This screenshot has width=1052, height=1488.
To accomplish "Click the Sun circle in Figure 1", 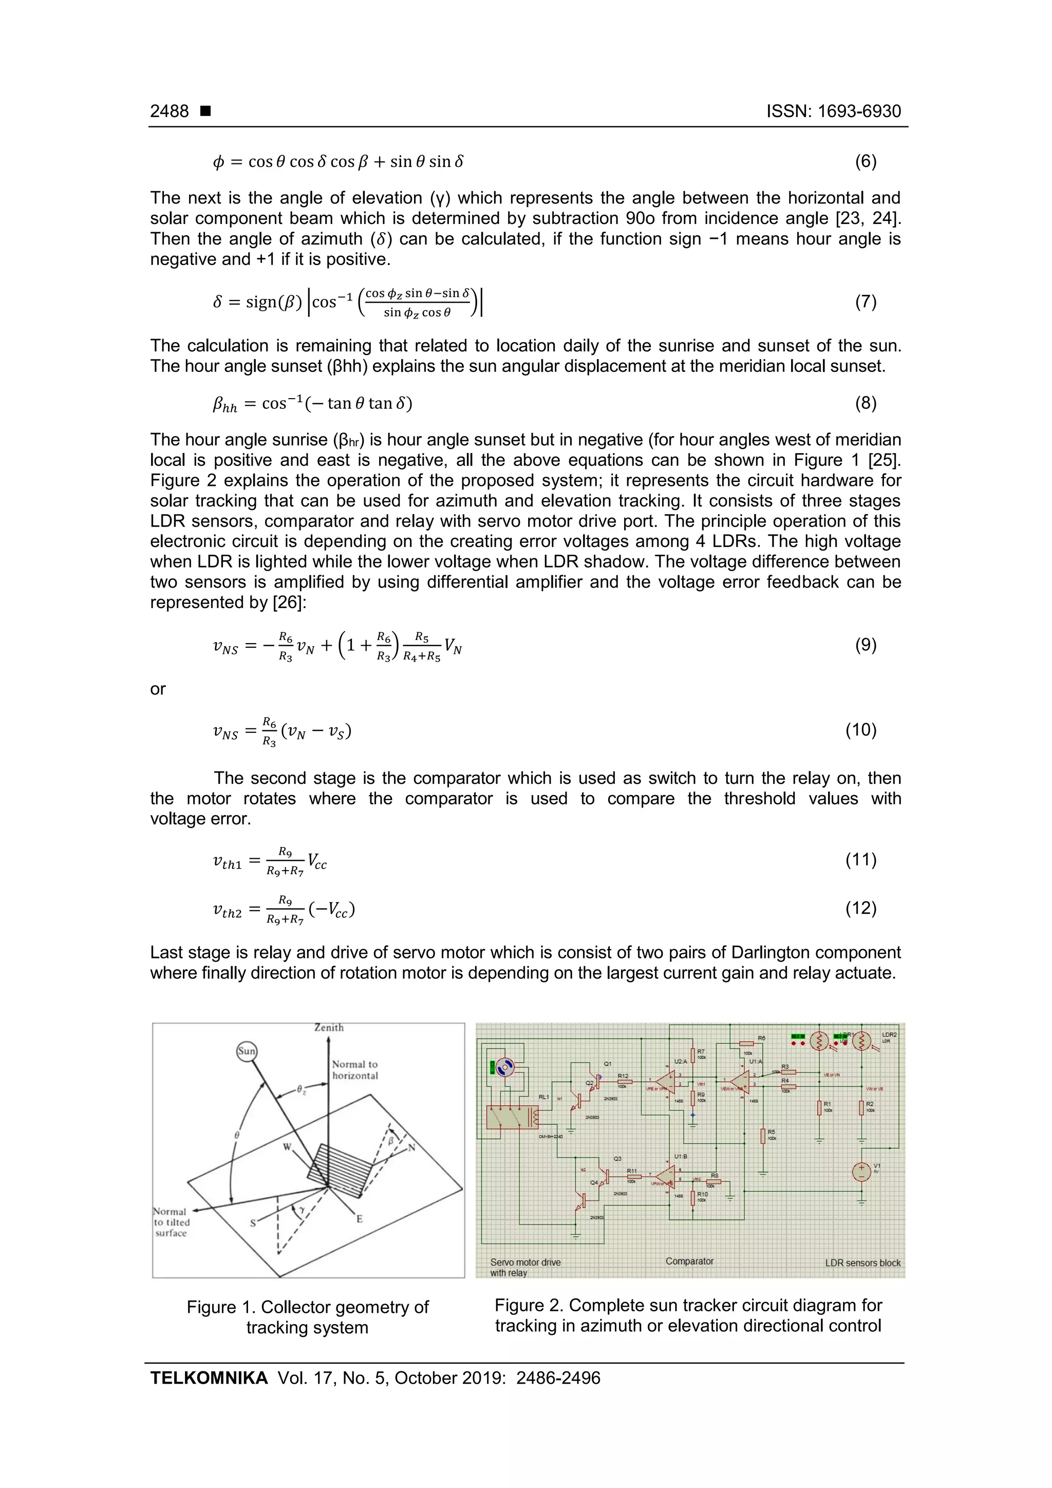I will click(x=247, y=1051).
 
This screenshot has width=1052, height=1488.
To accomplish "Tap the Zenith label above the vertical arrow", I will click(x=329, y=1028).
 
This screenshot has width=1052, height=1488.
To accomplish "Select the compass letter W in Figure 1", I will click(x=287, y=1147).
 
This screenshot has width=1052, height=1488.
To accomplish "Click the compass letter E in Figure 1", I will click(x=359, y=1218).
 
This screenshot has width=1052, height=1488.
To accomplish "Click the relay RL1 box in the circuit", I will click(x=512, y=1117).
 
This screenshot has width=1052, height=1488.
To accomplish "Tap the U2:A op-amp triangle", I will click(x=666, y=1080).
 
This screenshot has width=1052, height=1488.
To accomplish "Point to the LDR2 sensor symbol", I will click(x=862, y=1042).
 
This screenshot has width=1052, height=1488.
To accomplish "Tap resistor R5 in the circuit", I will click(x=763, y=1136).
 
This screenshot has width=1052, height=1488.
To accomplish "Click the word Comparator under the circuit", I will click(x=689, y=1261).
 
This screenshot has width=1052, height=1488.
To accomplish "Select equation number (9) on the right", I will click(x=866, y=645).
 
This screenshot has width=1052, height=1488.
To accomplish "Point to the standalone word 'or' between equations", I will click(x=158, y=689).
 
